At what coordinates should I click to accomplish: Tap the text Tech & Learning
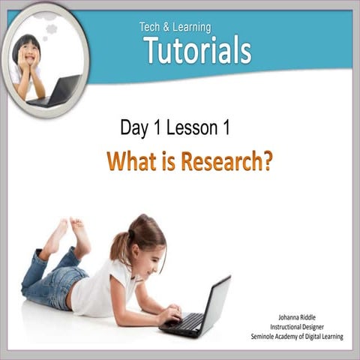pos(175,27)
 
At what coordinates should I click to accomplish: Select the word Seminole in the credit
pos(266,337)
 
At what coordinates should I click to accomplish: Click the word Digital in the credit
pos(304,337)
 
